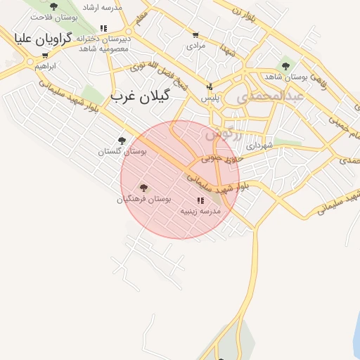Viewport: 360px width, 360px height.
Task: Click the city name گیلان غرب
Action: [x=141, y=96]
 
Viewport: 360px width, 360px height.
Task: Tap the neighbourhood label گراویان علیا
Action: [x=41, y=39]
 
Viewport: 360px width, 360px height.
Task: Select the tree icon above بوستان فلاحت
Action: [x=53, y=7]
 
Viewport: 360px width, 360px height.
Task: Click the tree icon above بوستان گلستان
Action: [x=122, y=141]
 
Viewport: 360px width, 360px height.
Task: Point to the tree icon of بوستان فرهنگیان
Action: [x=143, y=188]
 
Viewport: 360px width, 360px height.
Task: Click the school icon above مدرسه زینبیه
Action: [x=200, y=200]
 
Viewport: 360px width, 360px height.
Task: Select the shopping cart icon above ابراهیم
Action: [x=45, y=56]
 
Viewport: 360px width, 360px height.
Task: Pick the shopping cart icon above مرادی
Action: [x=195, y=35]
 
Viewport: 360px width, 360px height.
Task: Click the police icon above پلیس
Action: [x=209, y=87]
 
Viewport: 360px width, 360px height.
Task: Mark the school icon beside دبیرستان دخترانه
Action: [x=104, y=28]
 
